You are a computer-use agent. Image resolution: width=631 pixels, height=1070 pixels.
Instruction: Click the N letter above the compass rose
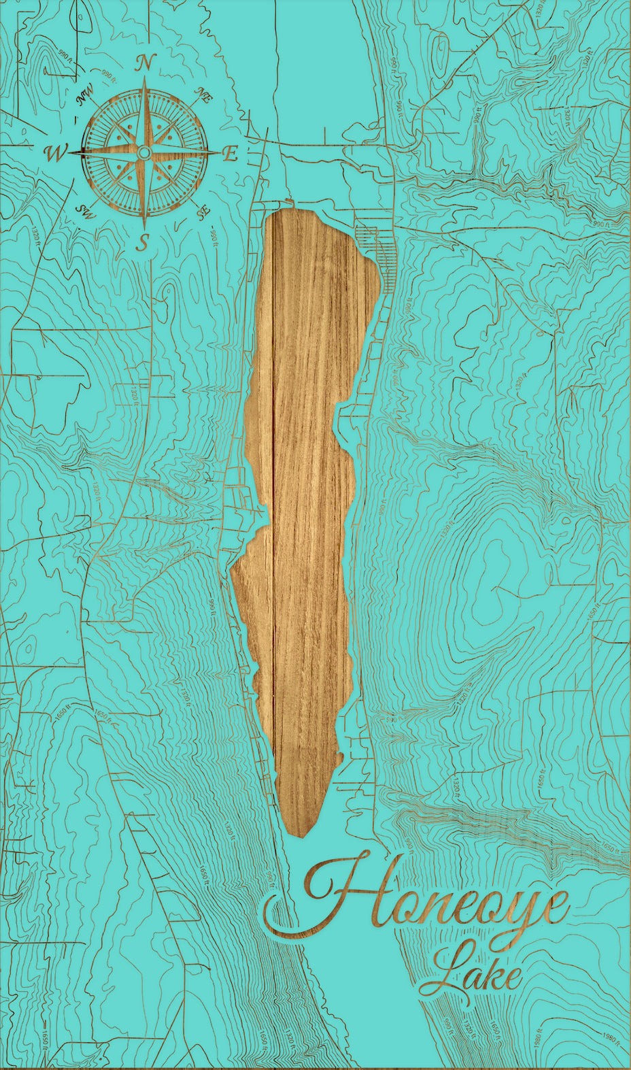pyautogui.click(x=143, y=63)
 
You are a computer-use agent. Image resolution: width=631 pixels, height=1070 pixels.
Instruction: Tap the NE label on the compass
pyautogui.click(x=203, y=95)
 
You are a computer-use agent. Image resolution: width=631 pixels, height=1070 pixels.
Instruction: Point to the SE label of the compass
pyautogui.click(x=203, y=213)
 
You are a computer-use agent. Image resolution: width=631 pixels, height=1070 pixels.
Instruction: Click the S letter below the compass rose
pyautogui.click(x=142, y=242)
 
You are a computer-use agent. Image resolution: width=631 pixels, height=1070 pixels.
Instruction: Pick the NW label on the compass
pyautogui.click(x=84, y=97)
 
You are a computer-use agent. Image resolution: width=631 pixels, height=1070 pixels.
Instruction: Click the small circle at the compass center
pyautogui.click(x=143, y=153)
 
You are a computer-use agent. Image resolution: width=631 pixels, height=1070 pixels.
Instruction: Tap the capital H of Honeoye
pyautogui.click(x=340, y=891)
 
